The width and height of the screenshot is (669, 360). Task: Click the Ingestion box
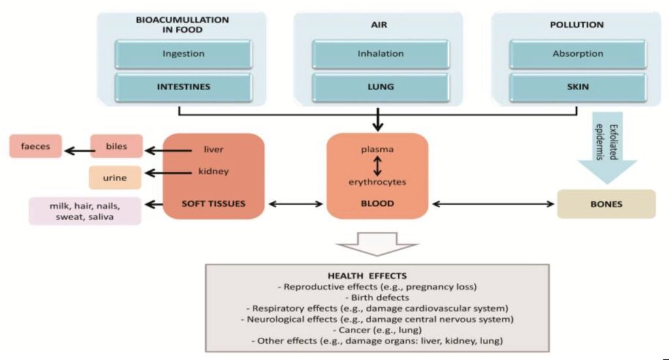(x=183, y=54)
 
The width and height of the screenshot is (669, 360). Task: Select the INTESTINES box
(x=183, y=88)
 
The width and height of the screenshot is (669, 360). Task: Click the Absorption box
(x=578, y=54)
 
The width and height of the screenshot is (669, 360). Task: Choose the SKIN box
(x=578, y=88)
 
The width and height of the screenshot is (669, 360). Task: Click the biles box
(x=116, y=146)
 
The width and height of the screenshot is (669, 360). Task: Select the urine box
(x=114, y=177)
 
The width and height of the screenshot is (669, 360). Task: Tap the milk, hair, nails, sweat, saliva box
(x=85, y=210)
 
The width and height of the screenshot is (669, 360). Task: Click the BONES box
(x=605, y=204)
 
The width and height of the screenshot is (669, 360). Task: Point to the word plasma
(x=377, y=150)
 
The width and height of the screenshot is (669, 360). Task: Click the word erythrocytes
(x=377, y=182)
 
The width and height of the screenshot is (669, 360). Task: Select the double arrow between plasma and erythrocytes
(x=377, y=165)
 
